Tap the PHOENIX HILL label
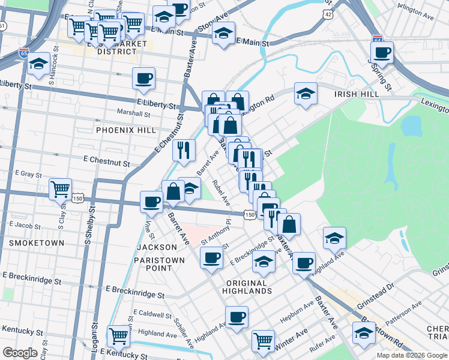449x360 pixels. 125,130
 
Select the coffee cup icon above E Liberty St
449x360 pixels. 144,78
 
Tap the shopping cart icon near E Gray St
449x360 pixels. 61,189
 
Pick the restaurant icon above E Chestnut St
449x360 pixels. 184,150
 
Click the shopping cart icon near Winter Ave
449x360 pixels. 263,341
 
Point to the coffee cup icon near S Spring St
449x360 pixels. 382,52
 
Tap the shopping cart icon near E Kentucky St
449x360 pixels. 118,337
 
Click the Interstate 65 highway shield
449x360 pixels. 24,53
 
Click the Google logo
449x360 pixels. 20,353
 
